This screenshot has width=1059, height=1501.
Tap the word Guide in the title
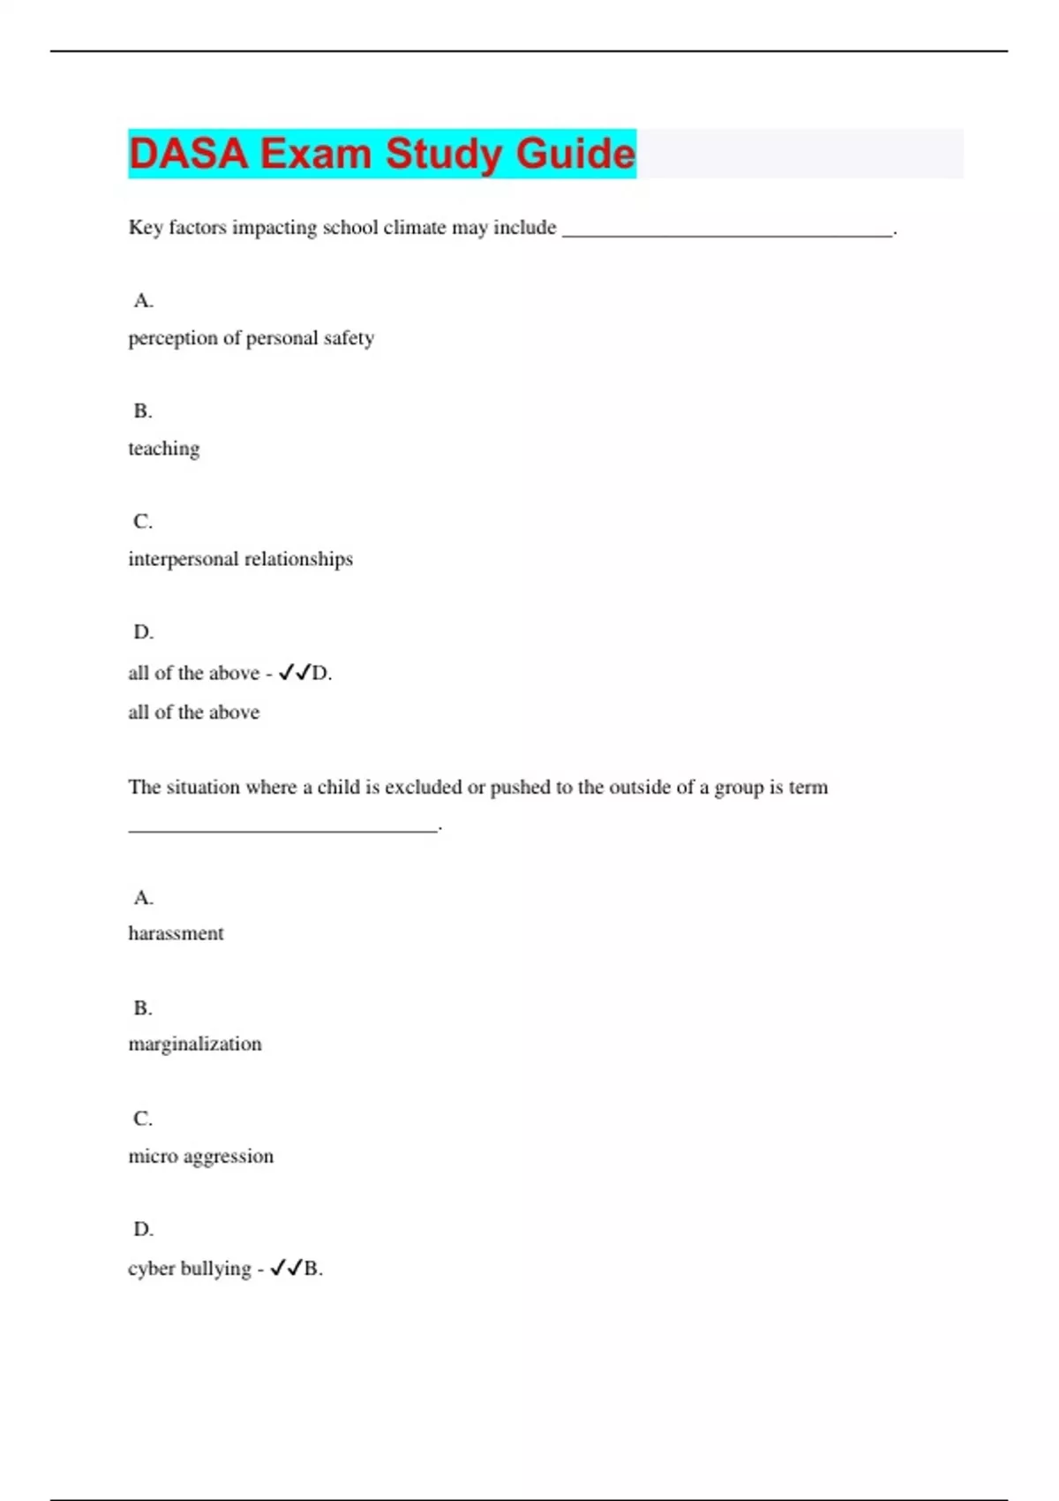coord(575,154)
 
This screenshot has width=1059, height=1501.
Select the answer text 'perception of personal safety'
coord(252,338)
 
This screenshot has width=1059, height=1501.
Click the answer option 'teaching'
coord(164,449)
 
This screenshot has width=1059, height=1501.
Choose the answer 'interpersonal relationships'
coord(240,559)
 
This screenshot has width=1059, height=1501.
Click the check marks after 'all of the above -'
coord(295,673)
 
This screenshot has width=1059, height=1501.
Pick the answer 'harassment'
coord(176,933)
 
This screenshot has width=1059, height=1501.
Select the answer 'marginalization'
coord(195,1044)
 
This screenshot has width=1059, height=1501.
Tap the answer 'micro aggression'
coord(201,1156)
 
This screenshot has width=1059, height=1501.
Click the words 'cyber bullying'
coord(190,1269)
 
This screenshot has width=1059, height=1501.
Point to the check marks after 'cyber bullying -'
coord(287,1269)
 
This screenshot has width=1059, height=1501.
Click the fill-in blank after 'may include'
coord(727,231)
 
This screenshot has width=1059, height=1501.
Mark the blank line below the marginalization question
coord(282,827)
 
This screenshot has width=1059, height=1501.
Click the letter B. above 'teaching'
coord(143,411)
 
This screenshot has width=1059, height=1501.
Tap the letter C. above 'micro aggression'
coord(143,1119)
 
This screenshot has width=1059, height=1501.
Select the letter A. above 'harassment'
coord(143,898)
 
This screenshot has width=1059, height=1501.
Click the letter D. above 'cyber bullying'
coord(143,1229)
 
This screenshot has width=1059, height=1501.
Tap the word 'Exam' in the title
coord(316,154)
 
